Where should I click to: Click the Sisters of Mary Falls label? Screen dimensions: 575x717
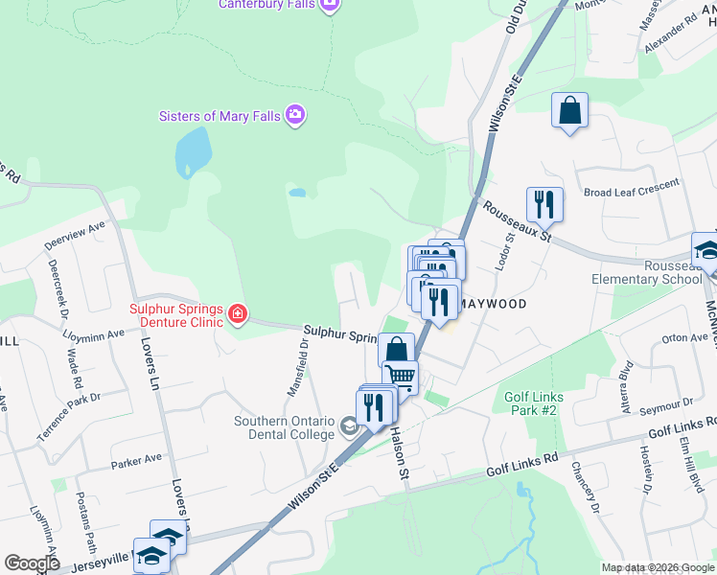(x=220, y=116)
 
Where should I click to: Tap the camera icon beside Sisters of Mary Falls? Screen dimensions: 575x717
(x=295, y=116)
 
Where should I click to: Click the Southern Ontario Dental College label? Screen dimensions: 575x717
(x=285, y=427)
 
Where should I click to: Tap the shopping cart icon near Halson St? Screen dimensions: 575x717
(x=400, y=376)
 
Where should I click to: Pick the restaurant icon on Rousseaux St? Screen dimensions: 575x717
(x=544, y=204)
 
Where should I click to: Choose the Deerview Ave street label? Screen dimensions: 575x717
(x=75, y=239)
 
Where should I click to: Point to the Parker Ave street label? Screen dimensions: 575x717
(x=135, y=461)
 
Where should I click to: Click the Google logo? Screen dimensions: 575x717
(x=33, y=563)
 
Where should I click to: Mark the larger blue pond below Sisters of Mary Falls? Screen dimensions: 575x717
(x=193, y=149)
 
